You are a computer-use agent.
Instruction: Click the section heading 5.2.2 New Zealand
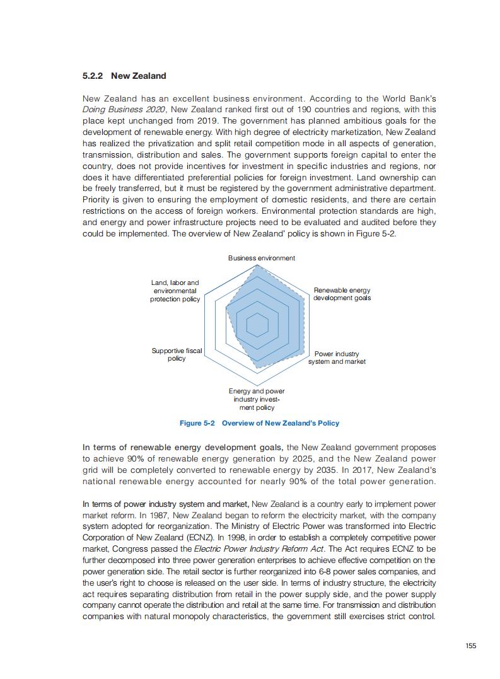pos(124,76)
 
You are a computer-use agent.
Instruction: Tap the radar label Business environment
pos(261,258)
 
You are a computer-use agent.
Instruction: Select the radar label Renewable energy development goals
pos(342,294)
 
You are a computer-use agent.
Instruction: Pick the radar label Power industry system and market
pos(337,357)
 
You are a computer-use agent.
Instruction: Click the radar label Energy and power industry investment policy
pos(257,399)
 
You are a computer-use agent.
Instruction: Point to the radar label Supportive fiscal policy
pos(177,354)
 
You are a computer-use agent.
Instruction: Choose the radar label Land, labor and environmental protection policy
pos(175,291)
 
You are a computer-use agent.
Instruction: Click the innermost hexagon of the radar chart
pos(257,325)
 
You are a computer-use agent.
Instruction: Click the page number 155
pos(471,645)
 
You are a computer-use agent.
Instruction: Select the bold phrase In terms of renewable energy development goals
pos(183,447)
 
